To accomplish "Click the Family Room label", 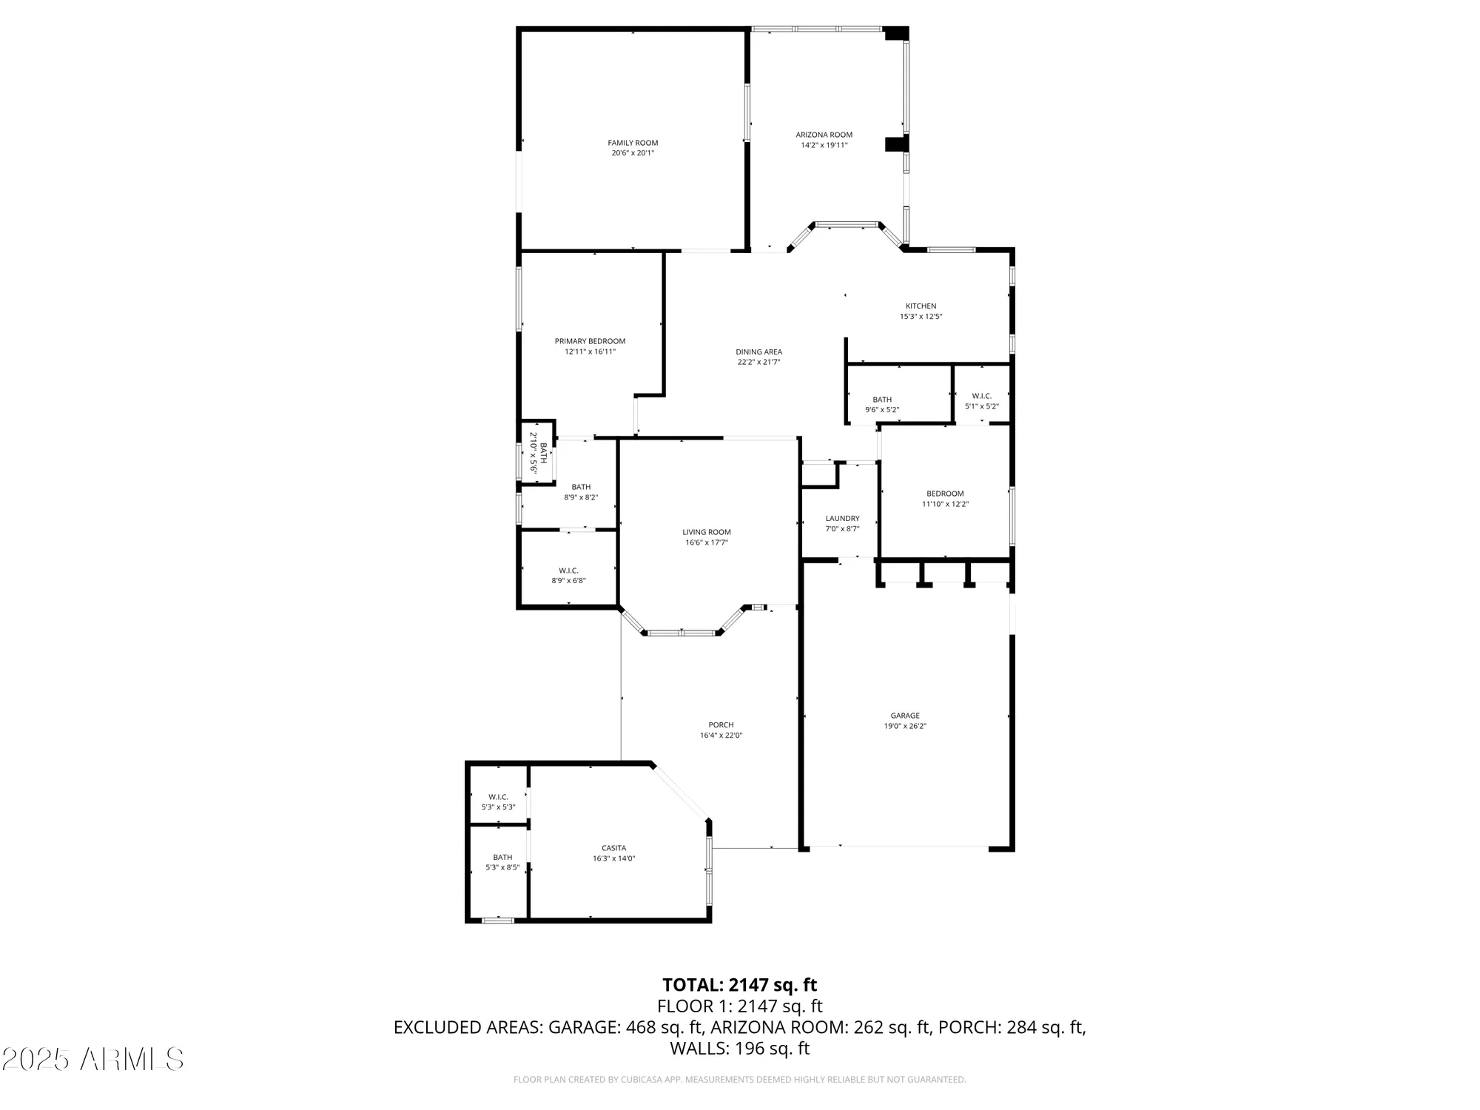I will point(633,143).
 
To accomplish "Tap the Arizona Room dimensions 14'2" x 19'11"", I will point(824,146).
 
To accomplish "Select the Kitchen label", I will point(921,306).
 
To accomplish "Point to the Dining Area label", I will point(758,352).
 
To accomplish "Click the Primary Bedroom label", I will point(590,341).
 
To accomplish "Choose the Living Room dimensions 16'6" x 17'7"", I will point(706,542).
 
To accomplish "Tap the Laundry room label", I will point(842,519).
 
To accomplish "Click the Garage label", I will point(904,716).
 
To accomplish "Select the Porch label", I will point(721,725).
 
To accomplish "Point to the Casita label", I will point(613,848).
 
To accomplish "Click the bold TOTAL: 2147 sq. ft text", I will point(739,985).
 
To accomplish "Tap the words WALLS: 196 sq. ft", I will point(739,1048).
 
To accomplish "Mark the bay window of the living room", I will point(681,633).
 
